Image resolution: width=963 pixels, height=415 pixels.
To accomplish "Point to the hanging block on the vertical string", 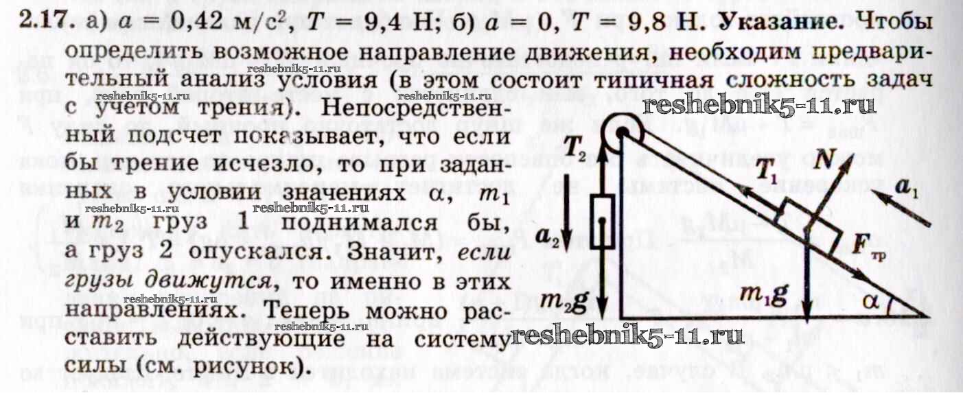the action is pyautogui.click(x=602, y=222).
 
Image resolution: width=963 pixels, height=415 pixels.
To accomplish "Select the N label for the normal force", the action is pyautogui.click(x=824, y=159).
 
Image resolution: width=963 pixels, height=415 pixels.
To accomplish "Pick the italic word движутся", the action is pyautogui.click(x=208, y=281).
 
